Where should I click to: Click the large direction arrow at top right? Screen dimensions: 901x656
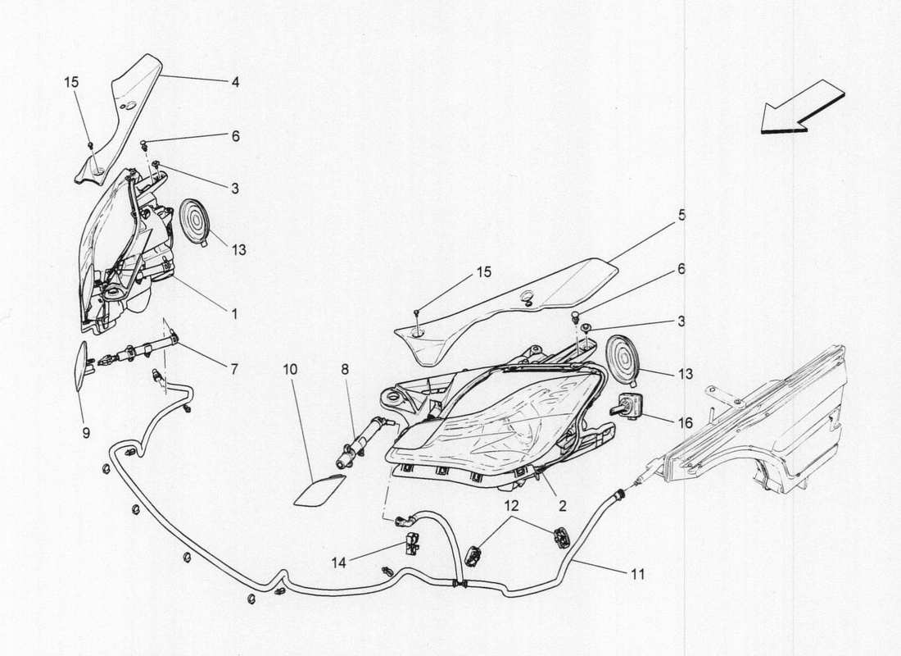point(804,107)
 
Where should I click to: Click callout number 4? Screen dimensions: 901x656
point(235,82)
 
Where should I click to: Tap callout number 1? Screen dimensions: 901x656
point(234,314)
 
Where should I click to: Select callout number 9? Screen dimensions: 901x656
point(86,433)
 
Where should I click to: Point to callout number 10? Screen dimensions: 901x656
point(290,370)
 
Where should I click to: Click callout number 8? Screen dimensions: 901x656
point(345,370)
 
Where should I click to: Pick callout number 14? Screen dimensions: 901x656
point(339,563)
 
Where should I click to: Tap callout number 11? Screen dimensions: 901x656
point(638,574)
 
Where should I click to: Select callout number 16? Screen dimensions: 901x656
point(686,424)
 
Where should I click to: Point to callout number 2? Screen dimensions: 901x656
point(563,506)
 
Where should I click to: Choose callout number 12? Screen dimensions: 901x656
point(512,506)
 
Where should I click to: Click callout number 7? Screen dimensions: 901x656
point(234,369)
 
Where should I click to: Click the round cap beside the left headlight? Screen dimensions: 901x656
point(195,221)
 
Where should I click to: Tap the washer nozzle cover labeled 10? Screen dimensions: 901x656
point(319,490)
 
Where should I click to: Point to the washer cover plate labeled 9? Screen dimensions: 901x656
point(82,366)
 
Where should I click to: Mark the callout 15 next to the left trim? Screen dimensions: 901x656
point(71,82)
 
